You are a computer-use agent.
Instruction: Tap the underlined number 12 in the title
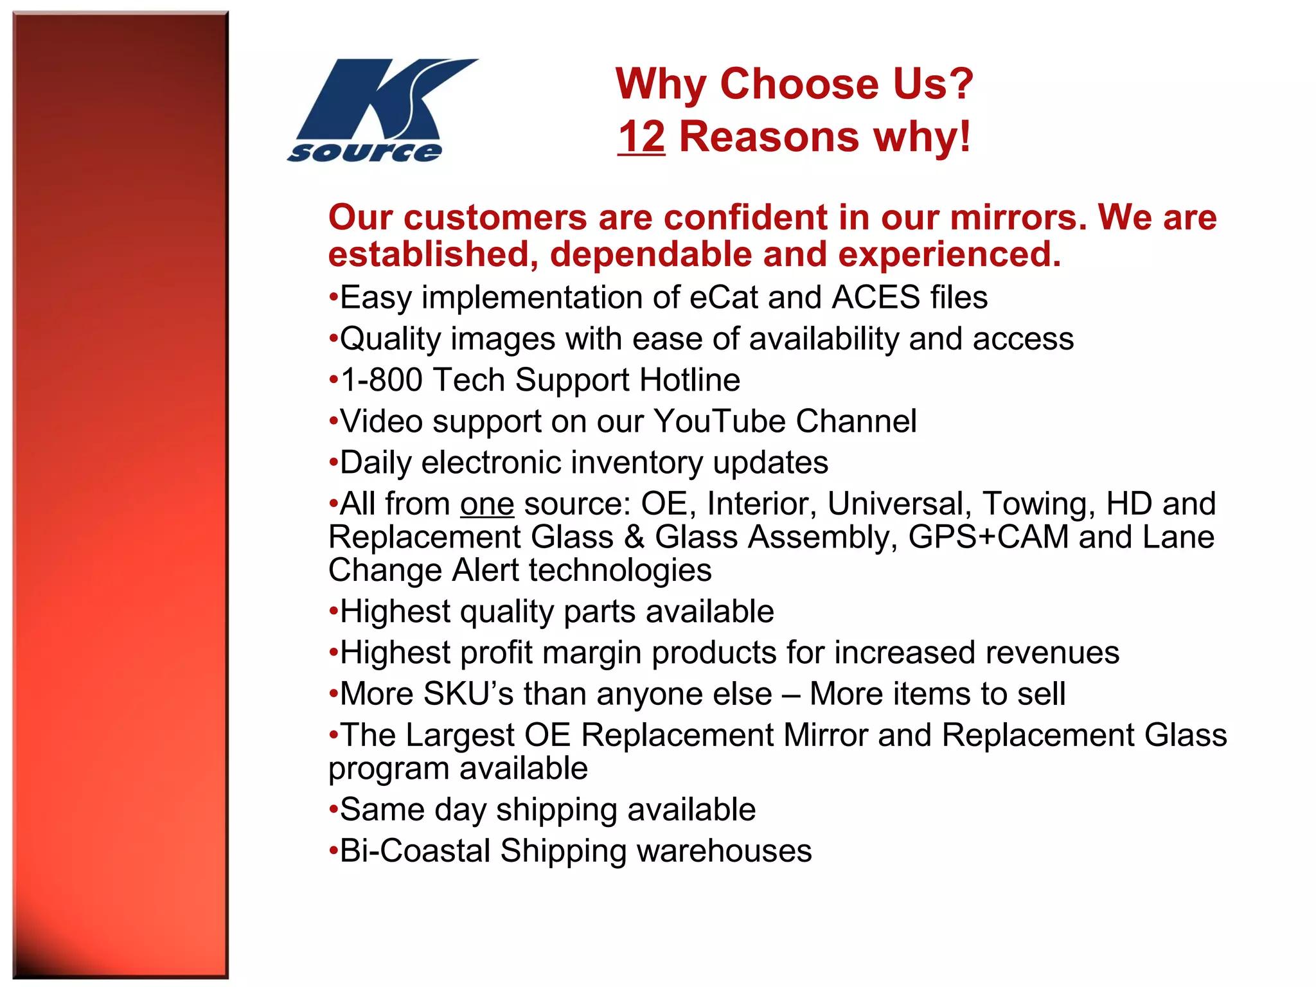[641, 137]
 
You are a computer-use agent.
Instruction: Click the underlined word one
[487, 504]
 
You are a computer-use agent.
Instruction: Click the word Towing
[1038, 504]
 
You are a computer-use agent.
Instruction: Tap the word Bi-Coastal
[415, 851]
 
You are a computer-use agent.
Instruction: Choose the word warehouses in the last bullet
[724, 851]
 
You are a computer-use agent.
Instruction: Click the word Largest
[460, 735]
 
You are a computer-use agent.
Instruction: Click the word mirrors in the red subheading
[1018, 217]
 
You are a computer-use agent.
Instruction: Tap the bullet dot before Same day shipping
[333, 809]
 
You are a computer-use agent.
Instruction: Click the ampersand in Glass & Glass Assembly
[634, 537]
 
